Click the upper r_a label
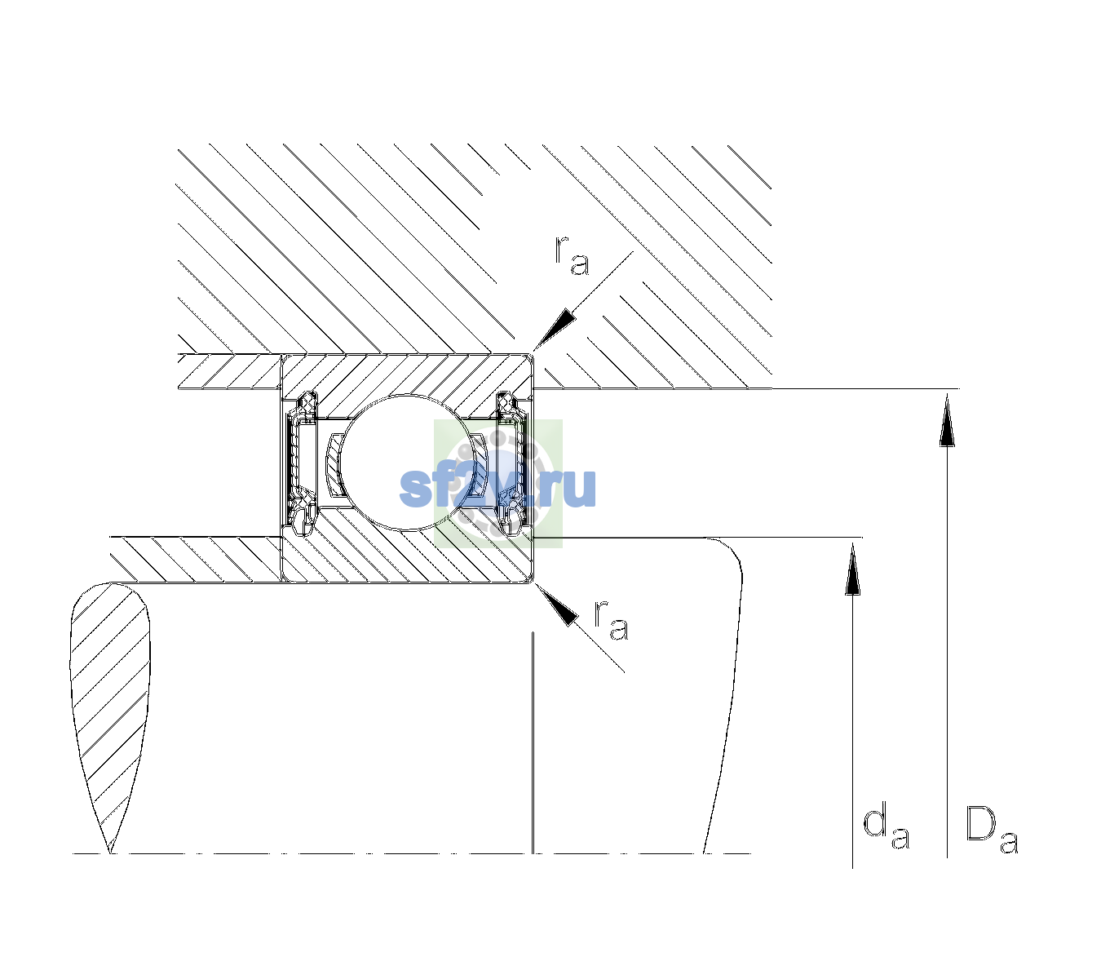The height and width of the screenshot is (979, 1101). click(572, 256)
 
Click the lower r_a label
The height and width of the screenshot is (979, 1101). click(612, 620)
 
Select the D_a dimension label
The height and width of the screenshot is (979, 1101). click(992, 830)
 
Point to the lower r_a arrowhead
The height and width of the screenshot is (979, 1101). click(555, 605)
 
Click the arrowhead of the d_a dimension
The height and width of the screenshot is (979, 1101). click(852, 568)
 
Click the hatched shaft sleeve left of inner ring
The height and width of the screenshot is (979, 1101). click(196, 560)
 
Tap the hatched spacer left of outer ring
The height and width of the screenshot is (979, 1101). click(229, 372)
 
